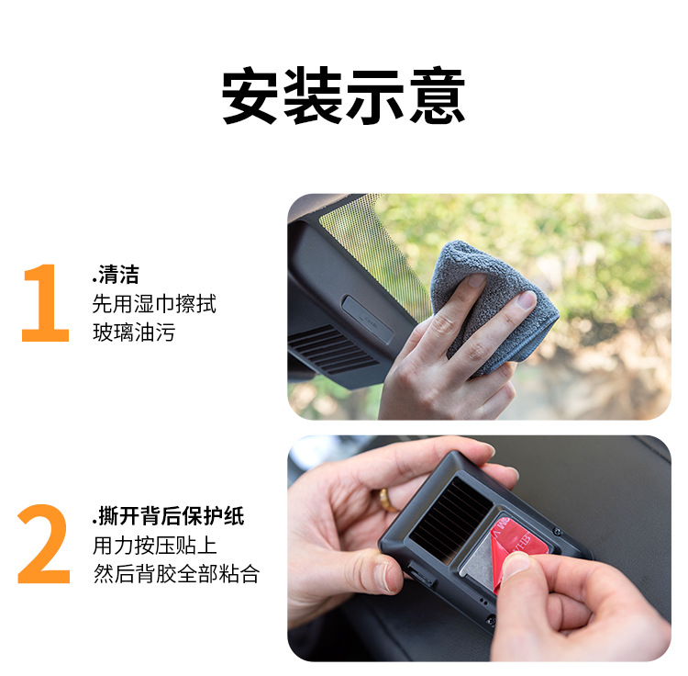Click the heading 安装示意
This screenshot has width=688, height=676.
tap(343, 96)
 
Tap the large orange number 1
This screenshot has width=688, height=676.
tap(46, 303)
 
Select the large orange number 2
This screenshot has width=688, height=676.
tap(44, 544)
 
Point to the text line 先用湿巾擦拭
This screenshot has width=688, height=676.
tap(154, 304)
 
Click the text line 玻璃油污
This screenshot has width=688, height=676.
tap(134, 332)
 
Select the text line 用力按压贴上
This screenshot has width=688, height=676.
tap(154, 546)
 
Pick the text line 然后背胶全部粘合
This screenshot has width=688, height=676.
tap(176, 574)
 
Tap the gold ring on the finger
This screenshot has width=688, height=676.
tap(387, 501)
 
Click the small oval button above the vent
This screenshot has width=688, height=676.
tap(367, 319)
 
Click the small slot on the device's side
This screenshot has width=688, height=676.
tap(419, 574)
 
